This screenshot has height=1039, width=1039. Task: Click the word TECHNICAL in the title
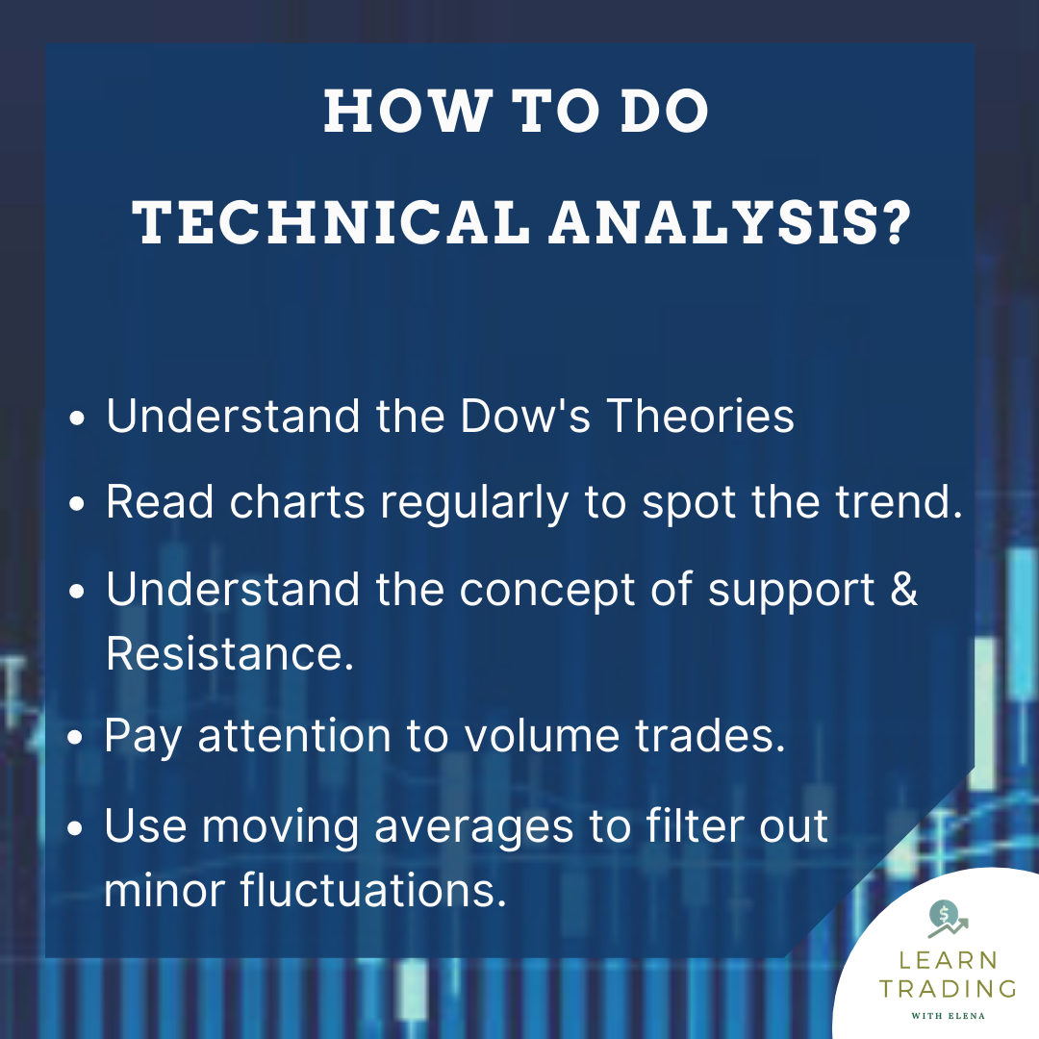click(331, 221)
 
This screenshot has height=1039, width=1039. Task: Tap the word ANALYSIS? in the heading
click(730, 221)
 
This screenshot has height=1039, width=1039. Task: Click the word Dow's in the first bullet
click(525, 416)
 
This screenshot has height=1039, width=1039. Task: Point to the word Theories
click(700, 416)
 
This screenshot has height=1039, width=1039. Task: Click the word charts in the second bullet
click(297, 501)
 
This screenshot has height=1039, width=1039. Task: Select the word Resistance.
click(230, 653)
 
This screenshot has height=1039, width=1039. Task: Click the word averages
click(473, 827)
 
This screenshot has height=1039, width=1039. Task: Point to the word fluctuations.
click(373, 889)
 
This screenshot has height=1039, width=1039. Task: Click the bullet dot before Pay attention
click(76, 738)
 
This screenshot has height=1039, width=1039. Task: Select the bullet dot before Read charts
click(77, 503)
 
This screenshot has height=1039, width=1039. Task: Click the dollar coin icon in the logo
click(942, 915)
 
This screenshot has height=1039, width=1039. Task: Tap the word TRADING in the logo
click(949, 989)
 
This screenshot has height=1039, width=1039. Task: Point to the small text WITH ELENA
click(949, 1015)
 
